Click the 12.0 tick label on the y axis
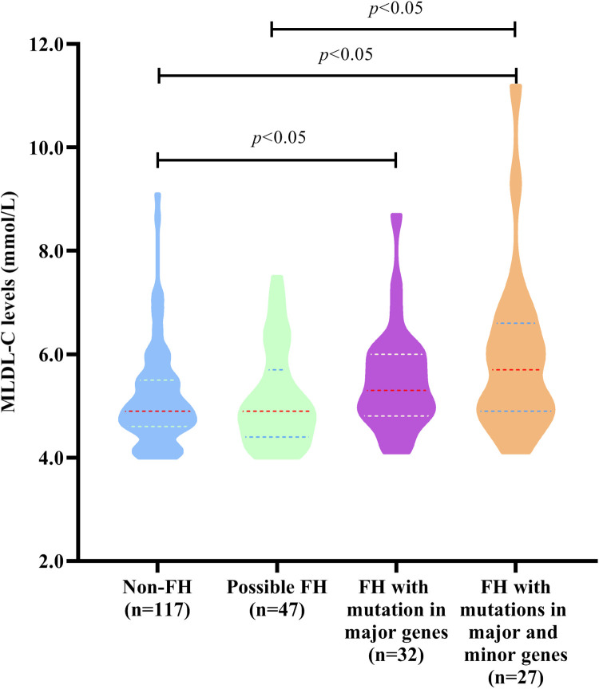tap(46, 45)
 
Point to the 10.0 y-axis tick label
tap(46, 148)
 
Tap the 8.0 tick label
tap(51, 251)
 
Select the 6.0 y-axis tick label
tap(51, 354)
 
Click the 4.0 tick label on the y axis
tap(51, 458)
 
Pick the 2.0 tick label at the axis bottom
tap(51, 561)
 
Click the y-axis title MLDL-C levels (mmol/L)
tap(9, 302)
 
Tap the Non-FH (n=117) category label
tap(157, 598)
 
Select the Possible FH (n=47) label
tap(277, 598)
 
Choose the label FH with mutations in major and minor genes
tap(515, 632)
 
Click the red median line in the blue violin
tap(157, 411)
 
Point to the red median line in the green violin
tap(276, 411)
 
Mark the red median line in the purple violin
tap(397, 390)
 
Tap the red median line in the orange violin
tap(515, 370)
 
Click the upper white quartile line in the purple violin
tap(396, 354)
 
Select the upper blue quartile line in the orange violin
tap(515, 324)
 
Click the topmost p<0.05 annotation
tap(395, 8)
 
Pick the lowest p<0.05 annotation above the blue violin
tap(279, 138)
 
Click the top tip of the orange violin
tap(516, 85)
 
